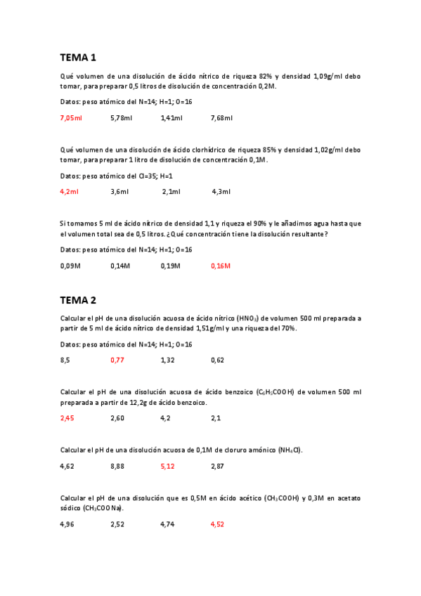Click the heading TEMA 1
77,57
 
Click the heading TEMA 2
77,300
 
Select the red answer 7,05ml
70,118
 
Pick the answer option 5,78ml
121,118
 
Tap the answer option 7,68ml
221,118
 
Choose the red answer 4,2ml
69,191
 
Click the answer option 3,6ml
119,191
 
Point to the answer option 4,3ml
221,191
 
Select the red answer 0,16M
221,266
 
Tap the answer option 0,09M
70,266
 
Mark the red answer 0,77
117,361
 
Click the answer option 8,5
65,361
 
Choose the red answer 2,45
67,418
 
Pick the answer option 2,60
117,418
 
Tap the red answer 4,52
217,524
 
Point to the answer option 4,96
67,524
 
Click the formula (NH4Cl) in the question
290,450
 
